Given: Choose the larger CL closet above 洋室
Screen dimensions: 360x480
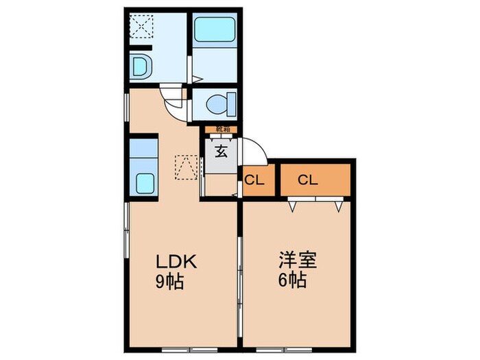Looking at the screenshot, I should coord(307,180).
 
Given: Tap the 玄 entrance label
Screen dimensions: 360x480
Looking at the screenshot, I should coord(221,152).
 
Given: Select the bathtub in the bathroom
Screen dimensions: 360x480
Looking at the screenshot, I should coord(215,31).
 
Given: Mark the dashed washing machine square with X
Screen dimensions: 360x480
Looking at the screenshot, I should coord(142,27).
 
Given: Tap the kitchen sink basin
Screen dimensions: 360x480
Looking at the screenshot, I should coord(145,183).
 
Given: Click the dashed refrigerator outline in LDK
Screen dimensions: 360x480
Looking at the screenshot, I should coord(186,167).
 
